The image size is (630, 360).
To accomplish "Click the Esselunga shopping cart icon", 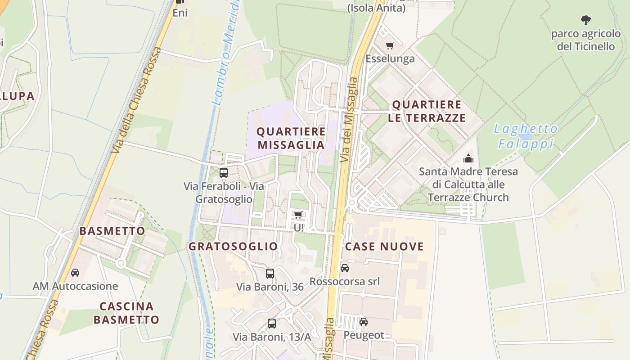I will click(x=390, y=45).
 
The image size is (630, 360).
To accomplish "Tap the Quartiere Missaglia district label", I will click(x=291, y=138).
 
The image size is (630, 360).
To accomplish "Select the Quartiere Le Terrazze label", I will click(x=428, y=111).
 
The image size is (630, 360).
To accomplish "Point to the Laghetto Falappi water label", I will click(x=526, y=136).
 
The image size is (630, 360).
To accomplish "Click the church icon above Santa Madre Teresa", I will click(x=468, y=158).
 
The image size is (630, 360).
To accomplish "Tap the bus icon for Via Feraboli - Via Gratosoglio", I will click(x=224, y=172).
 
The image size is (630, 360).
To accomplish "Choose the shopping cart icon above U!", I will click(x=298, y=215).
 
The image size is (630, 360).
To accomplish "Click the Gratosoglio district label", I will click(x=233, y=247).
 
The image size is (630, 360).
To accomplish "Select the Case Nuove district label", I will click(x=384, y=247).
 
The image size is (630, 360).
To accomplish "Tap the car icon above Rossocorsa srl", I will click(x=345, y=268).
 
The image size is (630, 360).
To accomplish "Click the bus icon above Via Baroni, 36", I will click(x=270, y=273).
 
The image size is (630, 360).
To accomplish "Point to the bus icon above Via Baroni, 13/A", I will click(x=272, y=323).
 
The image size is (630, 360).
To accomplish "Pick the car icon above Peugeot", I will click(x=364, y=322).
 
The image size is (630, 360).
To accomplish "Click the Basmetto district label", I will click(x=112, y=231).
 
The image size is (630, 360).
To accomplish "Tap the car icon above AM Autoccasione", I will click(x=75, y=273).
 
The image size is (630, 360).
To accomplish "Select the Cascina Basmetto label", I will click(x=129, y=313).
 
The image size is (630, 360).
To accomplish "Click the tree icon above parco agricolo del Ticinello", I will click(x=585, y=20).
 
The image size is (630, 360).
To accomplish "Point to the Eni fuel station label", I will click(x=180, y=13).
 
